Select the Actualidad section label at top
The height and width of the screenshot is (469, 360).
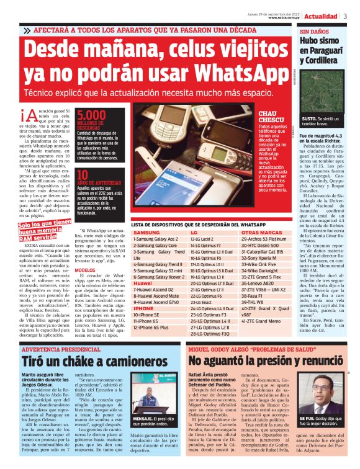[x=321, y=16]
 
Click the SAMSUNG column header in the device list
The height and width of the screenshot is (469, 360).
[x=146, y=232]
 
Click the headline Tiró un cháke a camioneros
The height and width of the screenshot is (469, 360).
[x=86, y=360]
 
